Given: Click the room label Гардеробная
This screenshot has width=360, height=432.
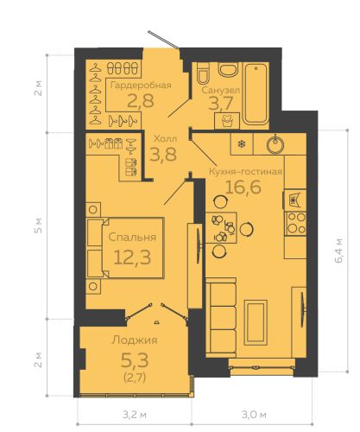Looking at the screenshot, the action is [x=141, y=86].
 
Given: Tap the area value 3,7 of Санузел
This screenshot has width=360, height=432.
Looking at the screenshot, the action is [x=221, y=104].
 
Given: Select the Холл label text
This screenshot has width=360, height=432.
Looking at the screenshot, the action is [x=166, y=138].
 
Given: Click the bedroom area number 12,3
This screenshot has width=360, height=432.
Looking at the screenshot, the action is [x=132, y=257].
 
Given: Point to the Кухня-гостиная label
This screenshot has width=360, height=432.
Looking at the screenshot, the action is [x=245, y=172].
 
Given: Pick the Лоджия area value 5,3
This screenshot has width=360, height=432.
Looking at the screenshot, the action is [x=135, y=360].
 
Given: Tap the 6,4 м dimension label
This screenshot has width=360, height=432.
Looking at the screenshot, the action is [x=338, y=250].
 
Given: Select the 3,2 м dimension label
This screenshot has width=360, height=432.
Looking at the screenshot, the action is [x=135, y=415].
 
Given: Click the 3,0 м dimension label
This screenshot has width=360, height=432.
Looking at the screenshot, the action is [x=254, y=415].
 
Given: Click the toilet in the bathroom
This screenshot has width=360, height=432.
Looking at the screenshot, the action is [x=204, y=73].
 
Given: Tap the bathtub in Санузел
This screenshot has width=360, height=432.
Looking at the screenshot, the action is [x=256, y=94].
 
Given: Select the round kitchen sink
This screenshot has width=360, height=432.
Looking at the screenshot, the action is [x=275, y=144].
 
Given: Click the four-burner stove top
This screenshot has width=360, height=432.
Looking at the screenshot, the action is [x=295, y=224].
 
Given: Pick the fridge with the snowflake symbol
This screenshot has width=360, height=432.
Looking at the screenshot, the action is [x=242, y=143].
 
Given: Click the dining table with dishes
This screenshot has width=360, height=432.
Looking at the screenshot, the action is [x=221, y=228].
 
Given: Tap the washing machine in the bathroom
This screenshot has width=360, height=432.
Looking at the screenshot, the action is [x=227, y=120].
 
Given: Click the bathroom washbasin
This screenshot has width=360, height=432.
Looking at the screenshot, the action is [x=228, y=70].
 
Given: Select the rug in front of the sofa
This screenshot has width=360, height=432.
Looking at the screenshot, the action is [x=256, y=322].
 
